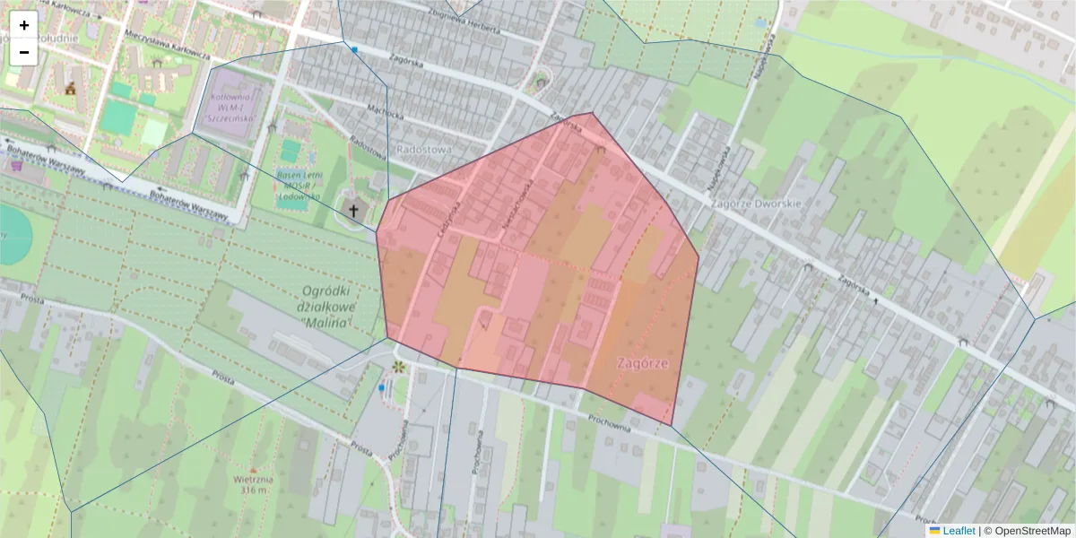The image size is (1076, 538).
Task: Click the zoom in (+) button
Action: tap(24, 25)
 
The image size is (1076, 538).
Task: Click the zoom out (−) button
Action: tap(24, 52)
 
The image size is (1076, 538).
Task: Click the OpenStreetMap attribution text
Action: tap(1027, 531)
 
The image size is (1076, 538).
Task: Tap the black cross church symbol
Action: tap(353, 212)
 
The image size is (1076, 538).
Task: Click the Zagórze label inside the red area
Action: tap(643, 362)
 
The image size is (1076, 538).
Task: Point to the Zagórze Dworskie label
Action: tap(754, 204)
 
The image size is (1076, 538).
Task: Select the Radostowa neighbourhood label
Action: tap(424, 150)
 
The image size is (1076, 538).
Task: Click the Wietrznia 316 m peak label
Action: tap(252, 484)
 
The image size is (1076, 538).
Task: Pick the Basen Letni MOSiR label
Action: tap(298, 184)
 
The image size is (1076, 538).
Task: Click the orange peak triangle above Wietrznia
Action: tap(253, 469)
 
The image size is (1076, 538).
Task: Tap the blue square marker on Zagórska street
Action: tap(355, 49)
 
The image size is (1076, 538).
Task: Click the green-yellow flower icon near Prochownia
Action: tap(397, 367)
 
